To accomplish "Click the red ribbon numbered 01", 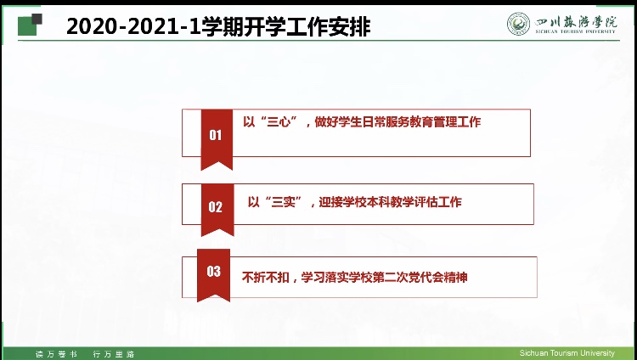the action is pyautogui.click(x=217, y=138).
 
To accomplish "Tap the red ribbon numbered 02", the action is pyautogui.click(x=217, y=209).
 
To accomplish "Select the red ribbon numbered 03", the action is pyautogui.click(x=213, y=274).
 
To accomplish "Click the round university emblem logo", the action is pyautogui.click(x=518, y=24).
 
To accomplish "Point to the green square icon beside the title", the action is pyautogui.click(x=28, y=26).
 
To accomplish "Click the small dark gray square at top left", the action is pyautogui.click(x=37, y=19).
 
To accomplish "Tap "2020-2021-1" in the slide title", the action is pyautogui.click(x=133, y=27).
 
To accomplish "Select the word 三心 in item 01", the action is pyautogui.click(x=279, y=122).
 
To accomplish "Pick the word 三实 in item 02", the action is pyautogui.click(x=284, y=202).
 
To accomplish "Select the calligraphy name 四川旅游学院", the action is pyautogui.click(x=575, y=22).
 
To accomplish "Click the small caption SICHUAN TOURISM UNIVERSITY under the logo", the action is pyautogui.click(x=575, y=31).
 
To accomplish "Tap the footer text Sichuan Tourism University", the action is pyautogui.click(x=567, y=353).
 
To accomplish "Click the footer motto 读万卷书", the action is pyautogui.click(x=56, y=354).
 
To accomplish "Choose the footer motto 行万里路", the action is pyautogui.click(x=113, y=354).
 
